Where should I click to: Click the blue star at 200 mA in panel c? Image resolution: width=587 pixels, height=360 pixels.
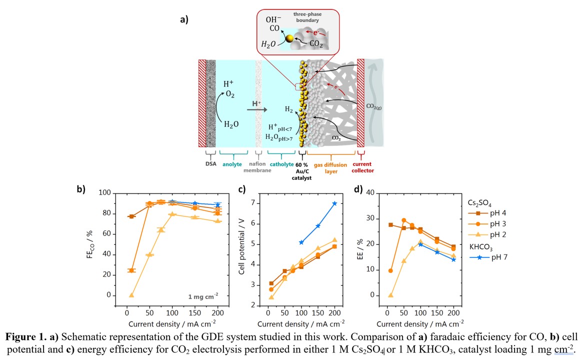(334, 203)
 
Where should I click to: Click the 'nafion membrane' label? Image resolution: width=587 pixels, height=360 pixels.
(258, 167)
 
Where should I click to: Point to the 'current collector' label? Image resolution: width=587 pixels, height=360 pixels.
(362, 167)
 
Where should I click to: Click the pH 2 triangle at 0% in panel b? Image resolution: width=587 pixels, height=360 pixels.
(131, 295)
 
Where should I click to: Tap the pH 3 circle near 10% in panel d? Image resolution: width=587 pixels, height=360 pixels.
(390, 270)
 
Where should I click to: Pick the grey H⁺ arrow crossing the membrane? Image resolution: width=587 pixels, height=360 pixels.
(255, 106)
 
